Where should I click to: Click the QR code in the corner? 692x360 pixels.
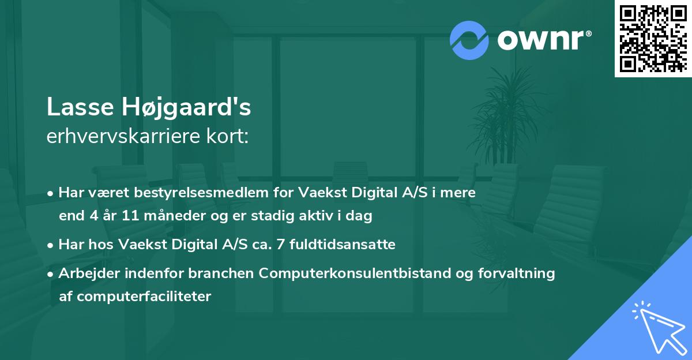(x=653, y=39)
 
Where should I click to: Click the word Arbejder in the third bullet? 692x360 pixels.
(x=84, y=273)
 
